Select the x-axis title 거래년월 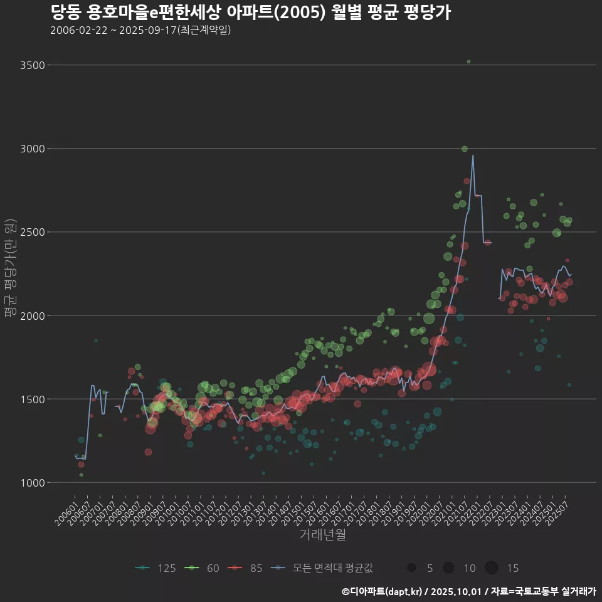click(x=322, y=535)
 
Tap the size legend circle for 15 click(x=491, y=568)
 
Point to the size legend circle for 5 click(x=411, y=568)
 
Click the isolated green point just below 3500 click(x=468, y=61)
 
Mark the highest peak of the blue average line click(x=473, y=156)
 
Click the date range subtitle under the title click(x=140, y=30)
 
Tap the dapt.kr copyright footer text click(x=468, y=591)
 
